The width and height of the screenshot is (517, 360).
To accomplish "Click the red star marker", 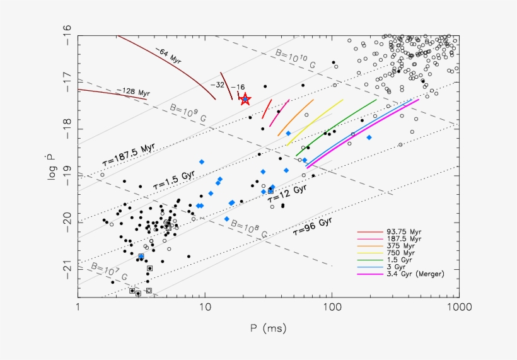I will click(x=245, y=99).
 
